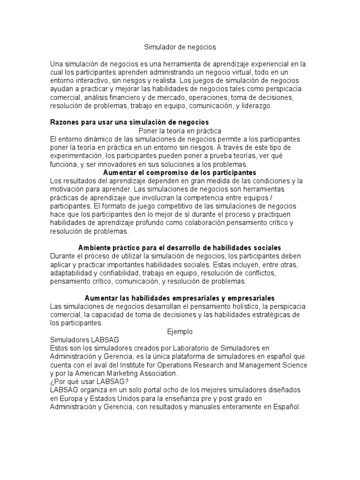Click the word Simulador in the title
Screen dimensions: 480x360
tap(158, 47)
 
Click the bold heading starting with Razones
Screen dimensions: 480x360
tap(129, 122)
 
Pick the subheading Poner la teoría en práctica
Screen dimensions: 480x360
tap(180, 131)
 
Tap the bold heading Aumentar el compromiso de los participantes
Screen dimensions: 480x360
tap(180, 172)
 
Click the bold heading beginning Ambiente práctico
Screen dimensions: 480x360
tap(180, 247)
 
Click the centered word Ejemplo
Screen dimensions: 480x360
tap(180, 331)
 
